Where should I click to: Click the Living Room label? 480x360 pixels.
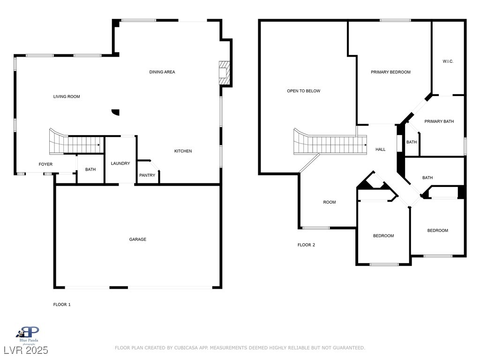coord(67,97)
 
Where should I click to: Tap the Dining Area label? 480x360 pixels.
coord(162,72)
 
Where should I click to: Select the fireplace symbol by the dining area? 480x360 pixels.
coord(225,73)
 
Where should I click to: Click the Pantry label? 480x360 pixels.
coord(147,175)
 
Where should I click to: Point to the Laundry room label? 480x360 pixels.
coord(120,164)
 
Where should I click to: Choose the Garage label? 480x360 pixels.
coord(138,240)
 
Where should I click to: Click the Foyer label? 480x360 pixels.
coord(45,165)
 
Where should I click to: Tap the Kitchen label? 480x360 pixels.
coord(183,151)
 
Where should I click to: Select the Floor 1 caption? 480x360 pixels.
coord(62,305)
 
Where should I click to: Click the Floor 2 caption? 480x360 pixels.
coord(306,245)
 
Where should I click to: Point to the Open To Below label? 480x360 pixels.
coord(304,91)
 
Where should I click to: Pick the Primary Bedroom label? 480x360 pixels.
coord(390,72)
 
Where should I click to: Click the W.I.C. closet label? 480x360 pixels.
coord(448,61)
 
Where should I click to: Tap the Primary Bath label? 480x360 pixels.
coord(439,121)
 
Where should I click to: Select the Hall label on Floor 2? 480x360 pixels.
coord(381,150)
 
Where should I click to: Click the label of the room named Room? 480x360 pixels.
coord(330,202)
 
